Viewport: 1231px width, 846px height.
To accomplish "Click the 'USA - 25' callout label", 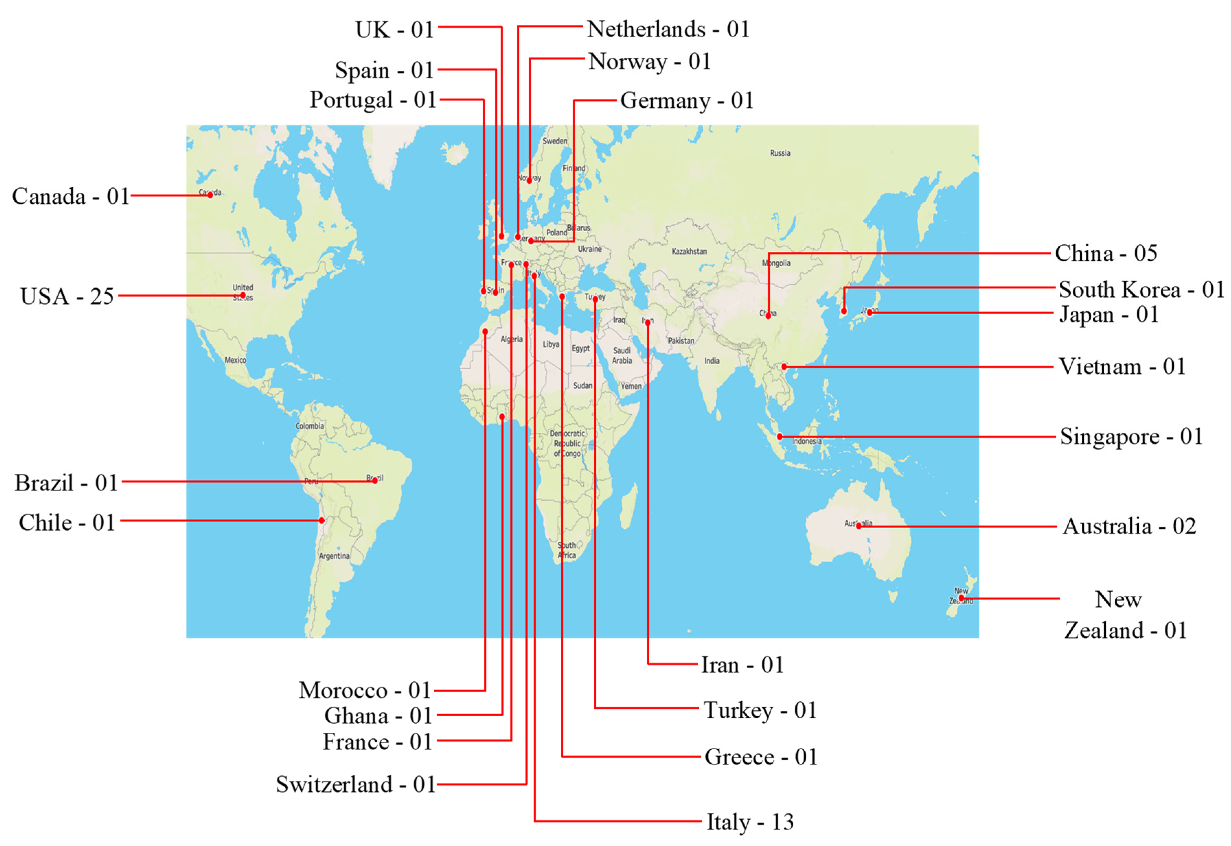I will (x=67, y=296).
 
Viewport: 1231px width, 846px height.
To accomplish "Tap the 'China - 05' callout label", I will (x=1105, y=254).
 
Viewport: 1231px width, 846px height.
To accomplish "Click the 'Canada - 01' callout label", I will (x=70, y=197).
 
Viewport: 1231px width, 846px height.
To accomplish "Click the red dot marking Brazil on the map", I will (x=375, y=481).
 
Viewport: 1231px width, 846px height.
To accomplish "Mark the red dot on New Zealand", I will (x=961, y=598).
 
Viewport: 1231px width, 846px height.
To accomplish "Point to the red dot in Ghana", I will (x=502, y=417).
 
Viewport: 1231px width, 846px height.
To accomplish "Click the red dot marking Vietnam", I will (x=784, y=367).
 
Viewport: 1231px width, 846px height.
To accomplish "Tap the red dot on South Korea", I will (x=844, y=311).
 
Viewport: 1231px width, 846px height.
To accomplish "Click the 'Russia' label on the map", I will (x=780, y=153).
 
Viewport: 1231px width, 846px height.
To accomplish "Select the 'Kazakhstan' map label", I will (x=689, y=251).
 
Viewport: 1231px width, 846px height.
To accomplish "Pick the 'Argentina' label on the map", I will (x=334, y=556).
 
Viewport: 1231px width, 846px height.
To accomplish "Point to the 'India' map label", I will (x=712, y=361).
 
